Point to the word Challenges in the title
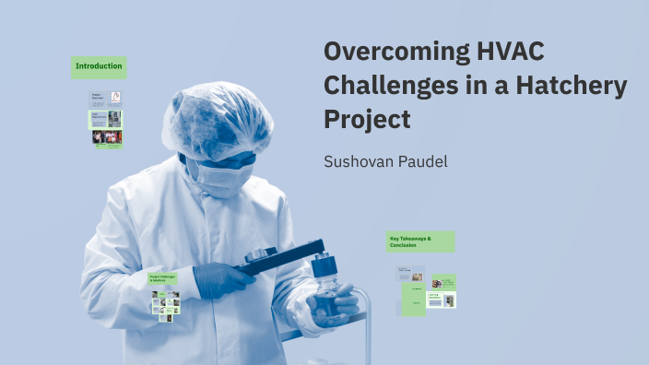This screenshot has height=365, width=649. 394,86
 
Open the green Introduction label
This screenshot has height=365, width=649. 99,66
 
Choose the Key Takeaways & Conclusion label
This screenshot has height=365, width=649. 420,241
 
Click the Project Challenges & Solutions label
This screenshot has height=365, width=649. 163,277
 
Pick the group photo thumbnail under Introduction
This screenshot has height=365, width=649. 107,137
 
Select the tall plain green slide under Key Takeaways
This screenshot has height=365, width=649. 412,300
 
